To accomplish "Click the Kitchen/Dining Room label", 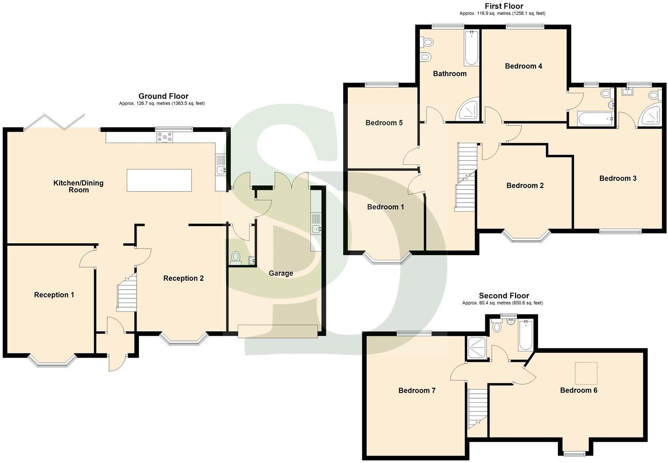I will pos(78,187).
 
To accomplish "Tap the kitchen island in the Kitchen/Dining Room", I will pos(159,180).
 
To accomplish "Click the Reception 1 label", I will pos(54,295).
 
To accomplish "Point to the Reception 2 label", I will pos(183,278).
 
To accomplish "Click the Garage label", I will pos(281,273).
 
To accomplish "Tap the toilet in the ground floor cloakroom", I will pos(236,257).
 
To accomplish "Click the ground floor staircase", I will pos(126,293).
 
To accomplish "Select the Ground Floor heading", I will pos(163,97).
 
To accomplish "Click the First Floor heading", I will pos(503,6).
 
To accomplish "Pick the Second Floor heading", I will pos(504,296).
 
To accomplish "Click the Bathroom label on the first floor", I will pos(449,74).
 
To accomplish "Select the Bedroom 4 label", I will pos(523,66).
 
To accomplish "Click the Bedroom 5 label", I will pos(384,123).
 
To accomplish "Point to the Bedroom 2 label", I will pos(525,186).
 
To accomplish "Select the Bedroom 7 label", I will pos(417,391).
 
